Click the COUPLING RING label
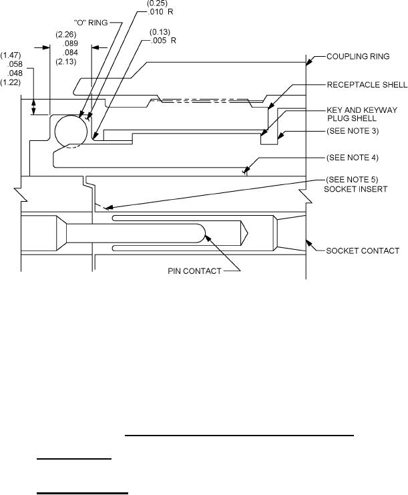[358, 57]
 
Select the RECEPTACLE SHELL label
[367, 85]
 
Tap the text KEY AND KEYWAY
[362, 110]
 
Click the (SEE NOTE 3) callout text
[353, 131]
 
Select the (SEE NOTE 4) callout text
[353, 158]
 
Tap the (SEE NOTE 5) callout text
[352, 180]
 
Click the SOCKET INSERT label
[356, 189]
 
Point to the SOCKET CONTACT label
[363, 251]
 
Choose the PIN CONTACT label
[194, 271]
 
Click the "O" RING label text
[91, 23]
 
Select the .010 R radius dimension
[160, 12]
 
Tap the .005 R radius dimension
[164, 41]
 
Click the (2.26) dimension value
[66, 35]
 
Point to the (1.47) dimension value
[11, 55]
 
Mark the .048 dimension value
[15, 73]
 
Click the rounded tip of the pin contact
[205, 233]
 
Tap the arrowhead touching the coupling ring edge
[309, 61]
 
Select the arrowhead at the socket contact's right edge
[309, 244]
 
